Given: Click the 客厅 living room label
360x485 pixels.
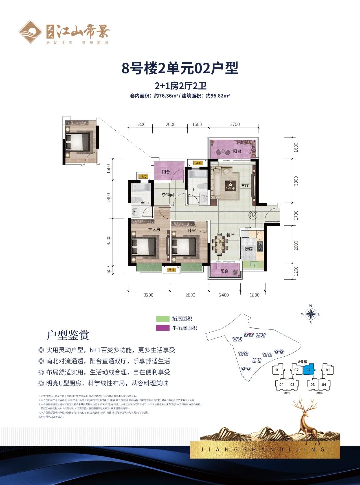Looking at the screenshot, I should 245,185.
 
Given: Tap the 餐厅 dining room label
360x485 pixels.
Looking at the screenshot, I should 230,235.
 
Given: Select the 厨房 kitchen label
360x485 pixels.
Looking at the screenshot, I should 249,249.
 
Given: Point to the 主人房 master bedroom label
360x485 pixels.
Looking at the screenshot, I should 154,229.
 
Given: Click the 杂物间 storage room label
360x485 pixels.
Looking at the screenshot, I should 168,195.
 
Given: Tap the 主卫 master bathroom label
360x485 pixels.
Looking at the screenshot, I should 145,203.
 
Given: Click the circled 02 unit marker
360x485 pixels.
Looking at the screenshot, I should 253,215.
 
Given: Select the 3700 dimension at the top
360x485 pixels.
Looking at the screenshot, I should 235,124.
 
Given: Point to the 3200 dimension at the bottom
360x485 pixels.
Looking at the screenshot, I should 148,295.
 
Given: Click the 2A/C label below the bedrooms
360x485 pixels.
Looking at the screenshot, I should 171,270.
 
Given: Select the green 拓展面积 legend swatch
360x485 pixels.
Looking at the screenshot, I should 163,319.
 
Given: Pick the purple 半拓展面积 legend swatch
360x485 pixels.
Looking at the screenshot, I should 163,328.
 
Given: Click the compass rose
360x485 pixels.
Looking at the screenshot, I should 311,314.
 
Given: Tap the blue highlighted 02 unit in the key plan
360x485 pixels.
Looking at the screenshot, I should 308,370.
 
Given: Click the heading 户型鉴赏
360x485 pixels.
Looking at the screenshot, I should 68,335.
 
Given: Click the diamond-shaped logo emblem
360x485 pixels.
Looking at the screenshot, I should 30,32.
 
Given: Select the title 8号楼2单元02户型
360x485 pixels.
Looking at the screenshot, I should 180,68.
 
